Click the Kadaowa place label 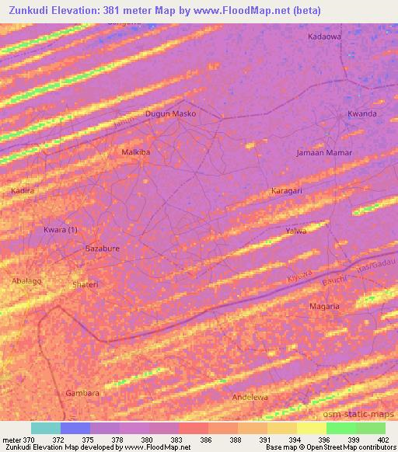(324, 37)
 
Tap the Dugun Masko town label (171, 113)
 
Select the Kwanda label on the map (362, 113)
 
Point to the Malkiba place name (136, 152)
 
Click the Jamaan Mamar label (324, 152)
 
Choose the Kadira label (23, 190)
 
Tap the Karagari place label (287, 190)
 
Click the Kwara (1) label (61, 230)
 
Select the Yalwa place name (295, 231)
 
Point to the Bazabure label (101, 249)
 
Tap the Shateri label (86, 284)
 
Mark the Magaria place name (324, 306)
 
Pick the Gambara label (82, 393)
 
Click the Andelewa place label (250, 397)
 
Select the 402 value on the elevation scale (385, 440)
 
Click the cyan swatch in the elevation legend (46, 428)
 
